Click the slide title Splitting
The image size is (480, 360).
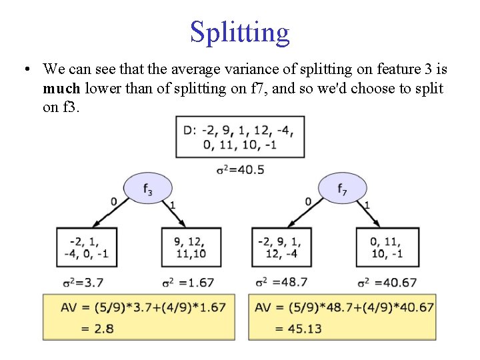240,31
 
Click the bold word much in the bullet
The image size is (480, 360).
60,89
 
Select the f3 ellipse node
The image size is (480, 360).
147,189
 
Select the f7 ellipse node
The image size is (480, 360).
342,189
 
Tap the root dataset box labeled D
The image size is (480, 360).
240,137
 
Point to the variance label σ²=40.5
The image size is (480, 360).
240,169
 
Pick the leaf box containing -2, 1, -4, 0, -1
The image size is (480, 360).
87,247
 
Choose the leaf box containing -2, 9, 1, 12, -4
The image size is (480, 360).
283,247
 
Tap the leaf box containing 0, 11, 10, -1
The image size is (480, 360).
387,247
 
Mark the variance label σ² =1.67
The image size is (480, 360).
188,283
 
